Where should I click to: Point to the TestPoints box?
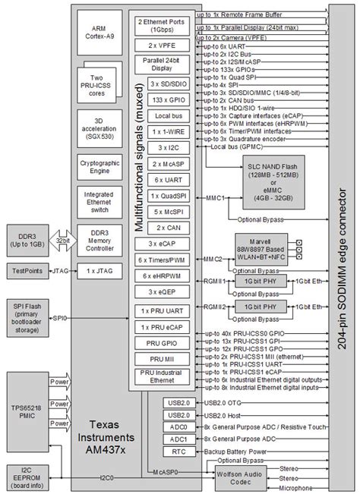tap(27, 270)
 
